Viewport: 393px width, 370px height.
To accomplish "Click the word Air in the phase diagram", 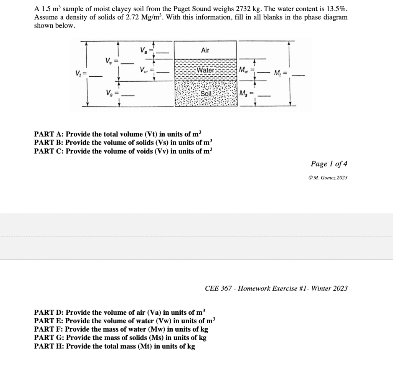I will [x=205, y=50].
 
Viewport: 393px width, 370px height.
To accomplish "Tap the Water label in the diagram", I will [x=206, y=70].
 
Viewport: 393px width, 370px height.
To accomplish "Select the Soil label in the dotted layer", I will [x=206, y=94].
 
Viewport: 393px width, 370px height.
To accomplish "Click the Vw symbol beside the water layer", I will [x=144, y=70].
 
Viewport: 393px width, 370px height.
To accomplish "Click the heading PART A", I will [x=49, y=134].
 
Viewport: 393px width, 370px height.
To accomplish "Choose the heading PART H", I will [x=49, y=346].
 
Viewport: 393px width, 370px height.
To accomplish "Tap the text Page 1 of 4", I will [x=329, y=164].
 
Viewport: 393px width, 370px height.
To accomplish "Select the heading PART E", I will [x=49, y=321].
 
